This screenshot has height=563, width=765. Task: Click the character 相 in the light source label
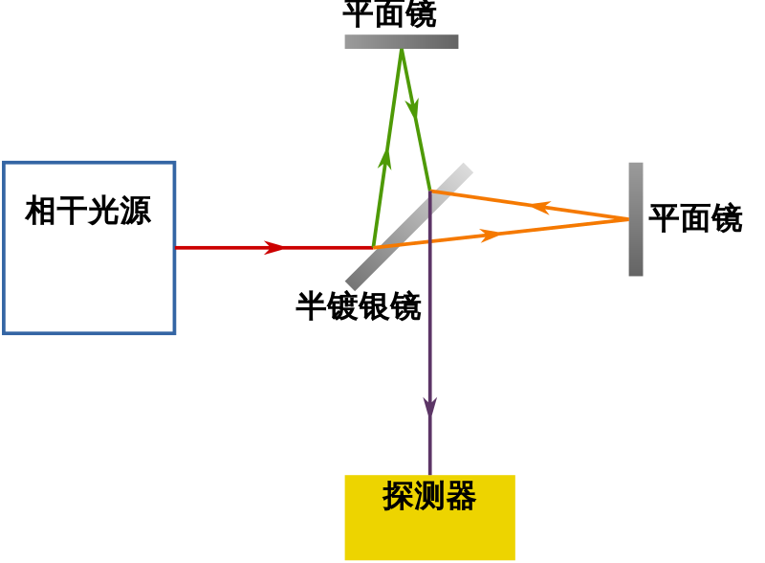(x=40, y=211)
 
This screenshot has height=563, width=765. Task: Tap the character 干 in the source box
(x=72, y=211)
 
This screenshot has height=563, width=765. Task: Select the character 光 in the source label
(x=103, y=211)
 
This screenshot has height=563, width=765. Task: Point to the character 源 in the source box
(x=135, y=211)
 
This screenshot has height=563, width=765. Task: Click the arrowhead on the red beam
(x=273, y=247)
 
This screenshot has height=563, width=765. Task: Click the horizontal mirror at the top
(x=402, y=42)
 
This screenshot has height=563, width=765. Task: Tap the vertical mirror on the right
(x=636, y=219)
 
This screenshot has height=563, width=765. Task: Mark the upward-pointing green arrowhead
(x=384, y=159)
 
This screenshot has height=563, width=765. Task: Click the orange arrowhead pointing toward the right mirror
(x=491, y=235)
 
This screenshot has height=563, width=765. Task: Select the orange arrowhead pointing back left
(x=540, y=207)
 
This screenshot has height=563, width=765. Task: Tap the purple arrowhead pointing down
(x=430, y=407)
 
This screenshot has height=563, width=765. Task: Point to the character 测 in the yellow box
(x=429, y=496)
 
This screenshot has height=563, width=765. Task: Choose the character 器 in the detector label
(x=461, y=496)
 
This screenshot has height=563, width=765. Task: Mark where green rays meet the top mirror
(x=402, y=50)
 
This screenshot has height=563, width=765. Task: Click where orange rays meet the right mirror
(x=628, y=219)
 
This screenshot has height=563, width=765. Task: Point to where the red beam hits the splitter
(x=373, y=247)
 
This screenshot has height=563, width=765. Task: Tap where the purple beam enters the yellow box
(x=430, y=475)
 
